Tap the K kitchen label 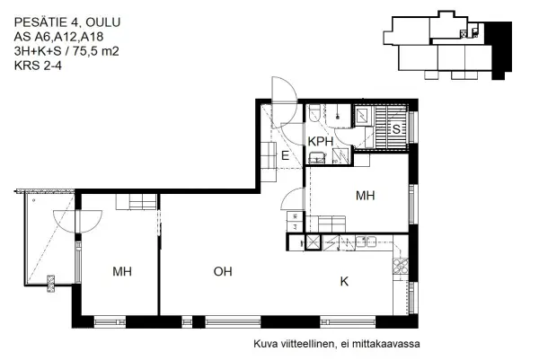[344, 281]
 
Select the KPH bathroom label [321, 142]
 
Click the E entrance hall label [285, 156]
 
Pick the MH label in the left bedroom [124, 270]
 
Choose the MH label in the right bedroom [365, 195]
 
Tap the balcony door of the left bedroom [73, 218]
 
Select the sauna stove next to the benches [365, 117]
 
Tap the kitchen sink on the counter [365, 241]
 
